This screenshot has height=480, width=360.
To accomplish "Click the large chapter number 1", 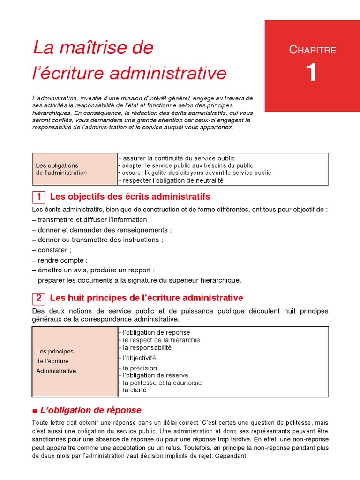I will pos(312,73).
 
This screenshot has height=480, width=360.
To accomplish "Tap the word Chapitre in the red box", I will pos(312,50).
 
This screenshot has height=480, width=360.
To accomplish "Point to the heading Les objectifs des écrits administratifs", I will pos(130,196).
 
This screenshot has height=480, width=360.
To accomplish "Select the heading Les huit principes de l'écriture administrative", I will pos(146,298).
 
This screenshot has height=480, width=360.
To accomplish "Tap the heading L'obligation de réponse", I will pos(91,410).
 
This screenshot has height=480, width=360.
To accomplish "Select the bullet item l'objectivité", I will pos(139,358).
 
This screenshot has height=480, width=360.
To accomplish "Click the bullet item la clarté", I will pos(134,390).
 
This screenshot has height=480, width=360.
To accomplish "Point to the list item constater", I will pos(52,250).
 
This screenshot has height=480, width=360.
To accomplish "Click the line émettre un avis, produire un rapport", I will pos(94,270).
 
